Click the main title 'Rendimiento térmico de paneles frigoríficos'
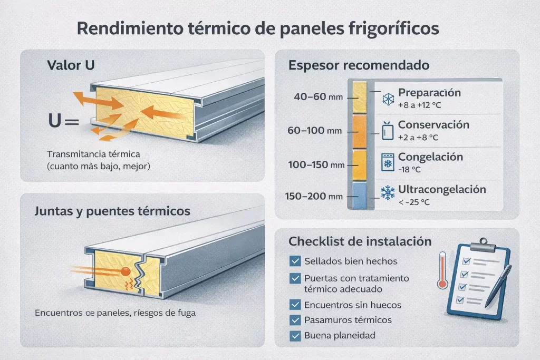(x=258, y=28)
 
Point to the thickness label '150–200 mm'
(x=311, y=197)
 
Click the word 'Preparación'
(x=429, y=92)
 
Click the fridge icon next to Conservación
(x=388, y=130)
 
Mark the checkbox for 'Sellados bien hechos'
(x=295, y=261)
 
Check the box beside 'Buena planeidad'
(x=295, y=335)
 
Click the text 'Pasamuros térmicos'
(x=348, y=320)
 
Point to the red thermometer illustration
(x=442, y=269)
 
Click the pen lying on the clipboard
(x=499, y=284)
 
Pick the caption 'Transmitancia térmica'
(x=92, y=154)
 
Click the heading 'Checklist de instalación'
(x=360, y=241)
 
